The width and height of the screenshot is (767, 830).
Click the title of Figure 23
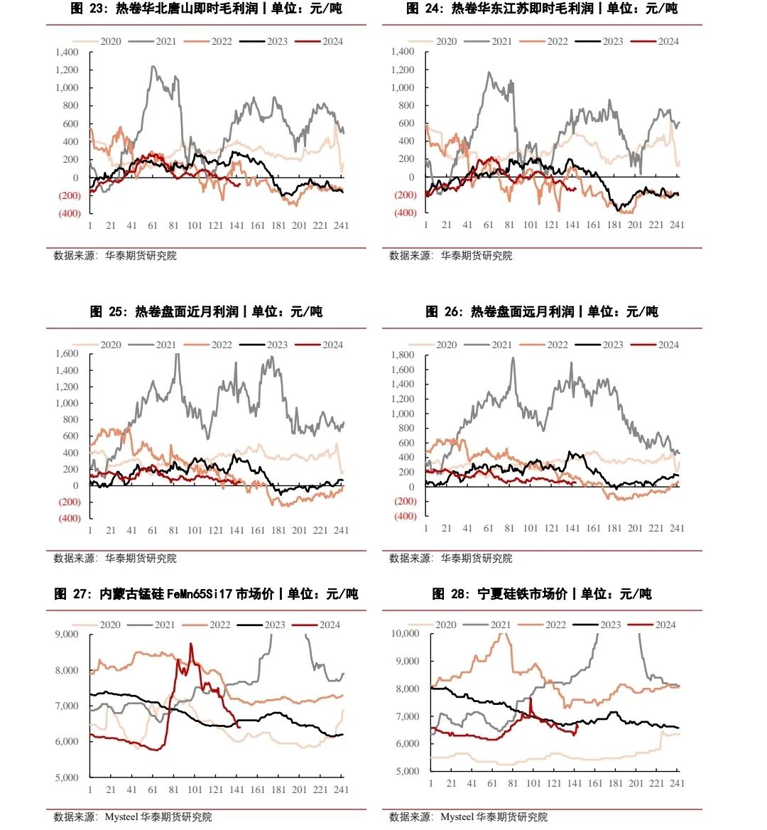pyautogui.click(x=206, y=9)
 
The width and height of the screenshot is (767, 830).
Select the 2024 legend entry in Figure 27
pyautogui.click(x=316, y=625)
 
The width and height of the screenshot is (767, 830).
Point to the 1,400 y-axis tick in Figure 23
pyautogui.click(x=67, y=52)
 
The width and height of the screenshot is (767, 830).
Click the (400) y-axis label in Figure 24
pyautogui.click(x=406, y=212)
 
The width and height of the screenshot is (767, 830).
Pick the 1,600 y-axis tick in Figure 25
pyautogui.click(x=67, y=354)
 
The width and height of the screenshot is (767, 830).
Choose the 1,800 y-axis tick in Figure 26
pyautogui.click(x=403, y=355)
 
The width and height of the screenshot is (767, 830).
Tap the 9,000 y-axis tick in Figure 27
pyautogui.click(x=67, y=634)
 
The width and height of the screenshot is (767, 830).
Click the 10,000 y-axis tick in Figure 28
pyautogui.click(x=405, y=634)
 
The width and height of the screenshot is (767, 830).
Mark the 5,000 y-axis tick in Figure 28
pyautogui.click(x=408, y=771)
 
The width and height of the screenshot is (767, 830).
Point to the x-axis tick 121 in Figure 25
pyautogui.click(x=215, y=530)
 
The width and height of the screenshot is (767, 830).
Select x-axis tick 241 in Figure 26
pyautogui.click(x=677, y=528)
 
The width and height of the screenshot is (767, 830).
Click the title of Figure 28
pyautogui.click(x=542, y=594)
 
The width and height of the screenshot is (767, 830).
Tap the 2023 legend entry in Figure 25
pyautogui.click(x=263, y=345)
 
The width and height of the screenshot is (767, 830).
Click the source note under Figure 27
pyautogui.click(x=132, y=816)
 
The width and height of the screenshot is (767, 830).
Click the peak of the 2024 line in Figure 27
pyautogui.click(x=191, y=644)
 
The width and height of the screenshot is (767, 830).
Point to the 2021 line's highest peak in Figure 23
pyautogui.click(x=153, y=66)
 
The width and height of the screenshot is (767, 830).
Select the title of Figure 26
pyautogui.click(x=542, y=312)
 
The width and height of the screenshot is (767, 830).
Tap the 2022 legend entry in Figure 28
pyautogui.click(x=542, y=625)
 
